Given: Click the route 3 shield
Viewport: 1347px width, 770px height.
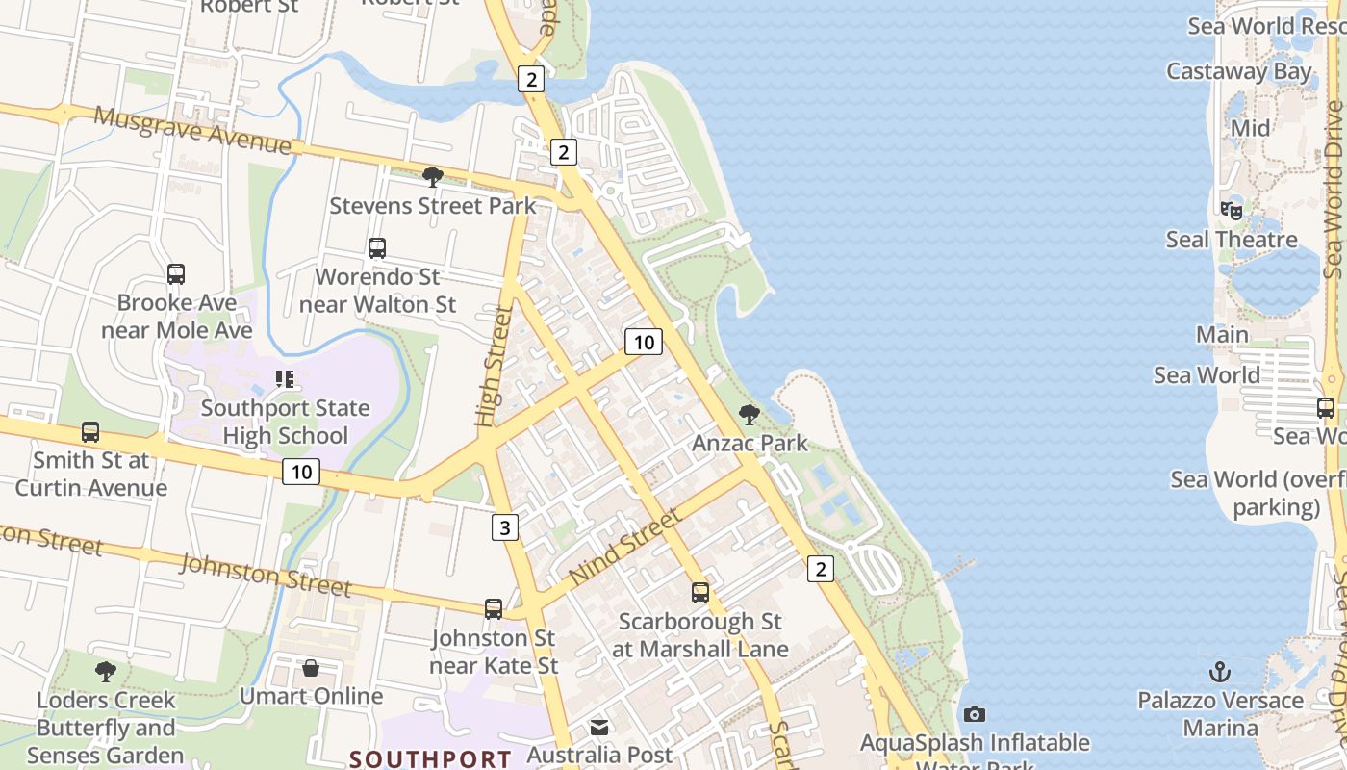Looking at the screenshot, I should (x=505, y=526).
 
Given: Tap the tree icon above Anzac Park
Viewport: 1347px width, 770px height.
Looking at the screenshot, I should (x=749, y=415).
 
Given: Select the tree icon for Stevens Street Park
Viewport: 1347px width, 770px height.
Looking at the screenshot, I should (x=433, y=176).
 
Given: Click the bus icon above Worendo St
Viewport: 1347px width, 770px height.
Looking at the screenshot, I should (x=377, y=248).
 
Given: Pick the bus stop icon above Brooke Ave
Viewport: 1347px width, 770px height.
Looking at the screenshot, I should (x=176, y=274).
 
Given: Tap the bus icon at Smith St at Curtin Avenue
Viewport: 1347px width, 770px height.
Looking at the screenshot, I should (x=90, y=432).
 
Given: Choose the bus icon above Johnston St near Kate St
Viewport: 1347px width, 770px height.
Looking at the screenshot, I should (x=494, y=608).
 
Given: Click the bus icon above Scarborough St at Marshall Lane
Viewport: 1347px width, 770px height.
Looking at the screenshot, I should (x=700, y=593).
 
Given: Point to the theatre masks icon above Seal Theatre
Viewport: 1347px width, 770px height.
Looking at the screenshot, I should (x=1232, y=210).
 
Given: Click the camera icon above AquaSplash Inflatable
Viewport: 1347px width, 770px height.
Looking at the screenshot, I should (x=975, y=714).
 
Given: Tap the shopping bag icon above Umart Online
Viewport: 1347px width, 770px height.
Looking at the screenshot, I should (x=311, y=668).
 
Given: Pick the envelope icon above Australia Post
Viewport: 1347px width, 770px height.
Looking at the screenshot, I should (x=599, y=727).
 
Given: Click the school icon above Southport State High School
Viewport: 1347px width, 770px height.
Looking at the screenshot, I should (x=284, y=379).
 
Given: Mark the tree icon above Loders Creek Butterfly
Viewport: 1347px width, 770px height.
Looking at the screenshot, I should (x=106, y=671).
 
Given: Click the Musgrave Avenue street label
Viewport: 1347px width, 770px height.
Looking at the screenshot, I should (x=192, y=129).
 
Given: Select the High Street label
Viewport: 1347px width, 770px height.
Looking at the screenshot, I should (x=493, y=367).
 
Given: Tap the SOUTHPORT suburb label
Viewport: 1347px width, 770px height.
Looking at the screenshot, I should (x=430, y=758).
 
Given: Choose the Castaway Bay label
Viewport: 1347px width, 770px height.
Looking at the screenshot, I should (x=1238, y=71).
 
